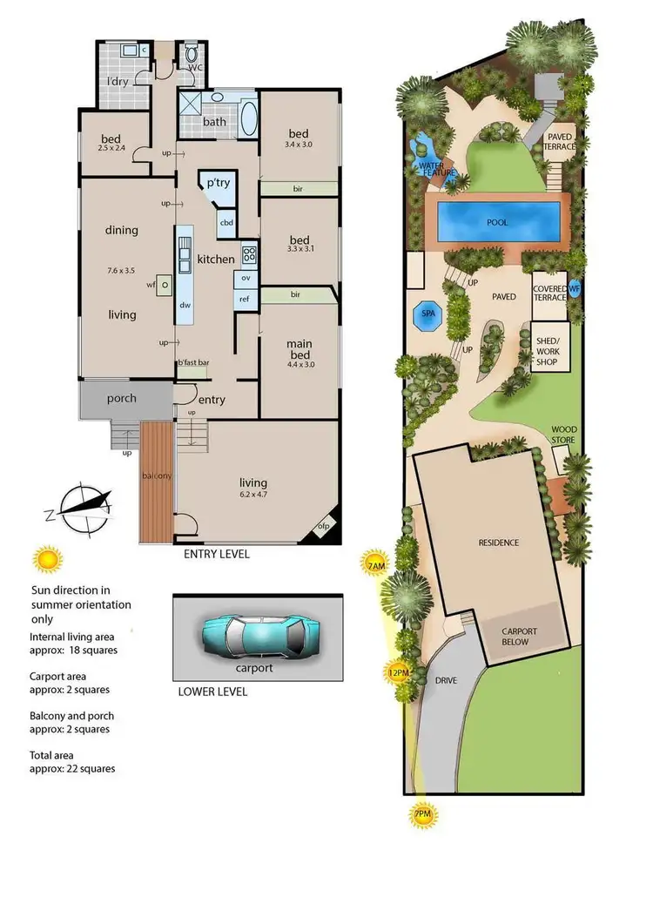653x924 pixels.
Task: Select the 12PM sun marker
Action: point(400,671)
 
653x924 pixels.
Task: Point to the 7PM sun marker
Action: point(422,815)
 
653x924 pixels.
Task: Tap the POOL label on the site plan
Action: point(497,222)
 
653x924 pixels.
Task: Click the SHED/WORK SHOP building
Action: point(549,346)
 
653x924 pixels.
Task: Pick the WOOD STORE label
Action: point(569,435)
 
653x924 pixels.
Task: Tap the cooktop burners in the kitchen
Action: point(248,255)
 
